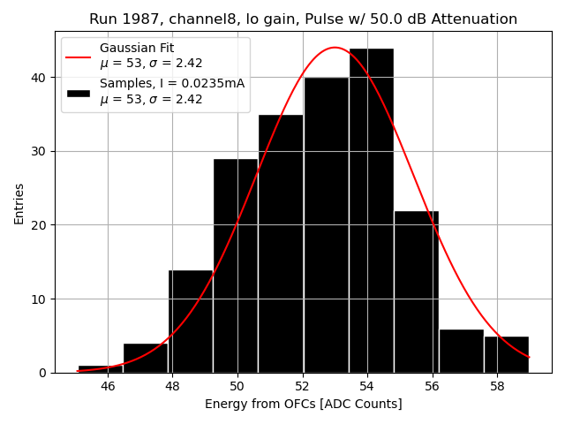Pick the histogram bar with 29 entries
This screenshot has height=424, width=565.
pyautogui.click(x=236, y=266)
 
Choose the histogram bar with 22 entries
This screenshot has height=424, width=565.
pyautogui.click(x=416, y=291)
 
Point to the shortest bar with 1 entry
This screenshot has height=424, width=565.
pyautogui.click(x=101, y=369)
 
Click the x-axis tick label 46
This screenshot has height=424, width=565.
pyautogui.click(x=108, y=386)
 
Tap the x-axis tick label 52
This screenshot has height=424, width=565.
pyautogui.click(x=302, y=386)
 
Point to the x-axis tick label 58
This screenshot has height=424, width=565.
pyautogui.click(x=496, y=386)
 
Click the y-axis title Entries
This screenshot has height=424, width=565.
pyautogui.click(x=19, y=204)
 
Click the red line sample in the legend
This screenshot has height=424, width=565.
pyautogui.click(x=78, y=56)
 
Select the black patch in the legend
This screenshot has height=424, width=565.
pyautogui.click(x=78, y=92)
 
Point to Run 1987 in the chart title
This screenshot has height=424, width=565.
pyautogui.click(x=118, y=19)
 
